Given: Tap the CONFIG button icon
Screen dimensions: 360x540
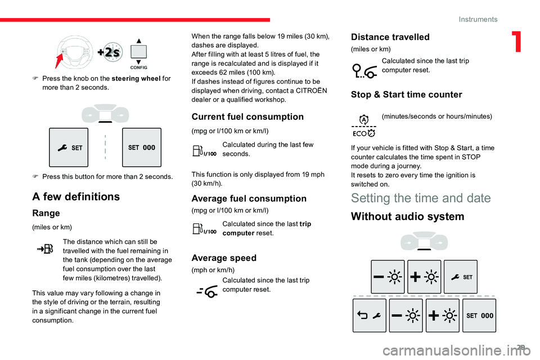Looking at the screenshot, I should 138,52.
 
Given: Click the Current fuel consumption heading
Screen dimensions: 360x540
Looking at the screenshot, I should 247,117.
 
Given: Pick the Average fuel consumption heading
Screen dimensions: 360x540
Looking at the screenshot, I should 249,199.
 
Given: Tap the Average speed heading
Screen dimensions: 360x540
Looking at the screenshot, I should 224,258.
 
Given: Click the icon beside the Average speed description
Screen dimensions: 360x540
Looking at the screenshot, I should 206,291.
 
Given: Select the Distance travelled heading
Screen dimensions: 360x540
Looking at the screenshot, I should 390,37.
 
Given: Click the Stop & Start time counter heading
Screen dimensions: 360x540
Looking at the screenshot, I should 406,94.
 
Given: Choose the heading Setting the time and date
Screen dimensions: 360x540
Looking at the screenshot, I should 420,197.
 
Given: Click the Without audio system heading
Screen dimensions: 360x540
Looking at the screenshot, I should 407,217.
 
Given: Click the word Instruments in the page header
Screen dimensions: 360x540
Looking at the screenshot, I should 478,19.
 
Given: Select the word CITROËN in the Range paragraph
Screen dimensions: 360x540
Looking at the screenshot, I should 305,91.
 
